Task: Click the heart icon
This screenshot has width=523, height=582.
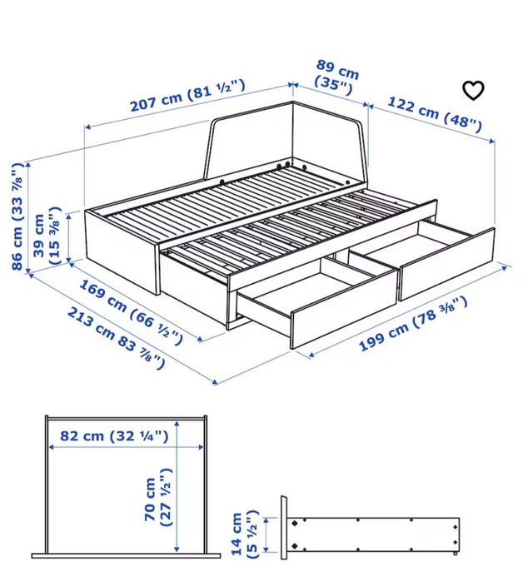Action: (x=473, y=90)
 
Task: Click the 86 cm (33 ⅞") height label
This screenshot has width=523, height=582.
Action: (x=17, y=217)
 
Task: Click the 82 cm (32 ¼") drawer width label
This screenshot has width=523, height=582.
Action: (x=109, y=435)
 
